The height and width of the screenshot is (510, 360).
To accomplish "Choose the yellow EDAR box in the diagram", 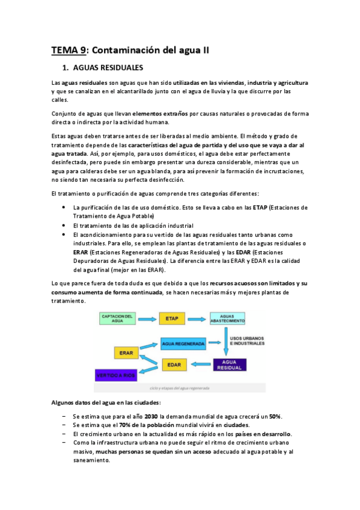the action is click(x=174, y=364).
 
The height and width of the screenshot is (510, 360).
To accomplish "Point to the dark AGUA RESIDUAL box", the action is click(x=229, y=364).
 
